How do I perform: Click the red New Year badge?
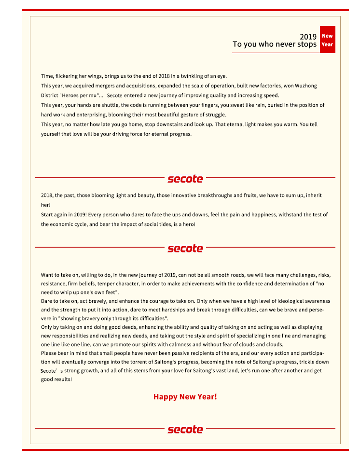click(x=327, y=40)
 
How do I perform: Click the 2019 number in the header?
click(x=308, y=37)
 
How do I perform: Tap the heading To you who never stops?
click(x=274, y=44)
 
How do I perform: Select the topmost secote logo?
click(x=185, y=179)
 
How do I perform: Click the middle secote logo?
click(x=185, y=248)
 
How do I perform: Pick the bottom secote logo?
click(x=185, y=429)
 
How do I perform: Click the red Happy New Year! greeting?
click(x=185, y=397)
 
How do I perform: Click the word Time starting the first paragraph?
click(x=46, y=76)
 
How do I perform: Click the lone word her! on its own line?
click(x=45, y=205)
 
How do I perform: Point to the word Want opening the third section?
click(x=47, y=275)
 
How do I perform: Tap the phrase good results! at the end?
click(x=56, y=379)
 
